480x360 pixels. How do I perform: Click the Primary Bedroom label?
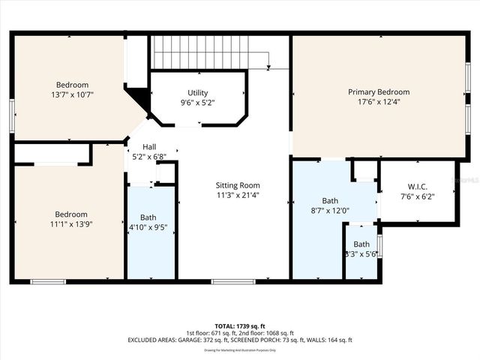click(x=379, y=91)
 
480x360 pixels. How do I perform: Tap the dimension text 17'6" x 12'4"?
click(x=379, y=102)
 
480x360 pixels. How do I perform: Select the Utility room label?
click(x=198, y=93)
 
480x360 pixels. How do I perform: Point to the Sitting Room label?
click(x=238, y=185)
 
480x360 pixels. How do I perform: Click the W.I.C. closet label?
click(x=418, y=186)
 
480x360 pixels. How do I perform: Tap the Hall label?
click(x=149, y=147)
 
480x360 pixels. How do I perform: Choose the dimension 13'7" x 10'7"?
click(x=72, y=95)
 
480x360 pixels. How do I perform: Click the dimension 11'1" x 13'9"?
click(x=70, y=224)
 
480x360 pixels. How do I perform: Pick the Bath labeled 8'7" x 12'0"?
click(x=330, y=200)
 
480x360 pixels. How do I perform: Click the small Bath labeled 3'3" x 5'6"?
click(x=361, y=244)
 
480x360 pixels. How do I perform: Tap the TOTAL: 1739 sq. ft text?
click(x=239, y=326)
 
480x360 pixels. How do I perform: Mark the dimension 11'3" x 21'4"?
click(x=238, y=195)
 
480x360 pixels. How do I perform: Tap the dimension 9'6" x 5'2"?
click(x=198, y=103)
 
